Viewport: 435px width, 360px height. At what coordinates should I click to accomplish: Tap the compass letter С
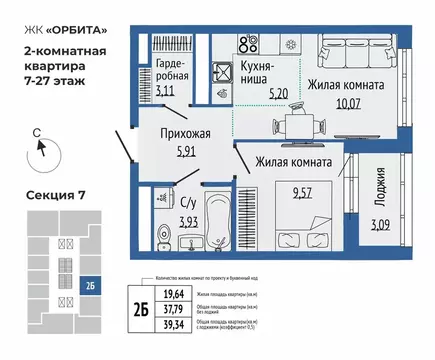[35, 130]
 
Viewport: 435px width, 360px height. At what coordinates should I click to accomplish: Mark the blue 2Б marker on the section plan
[90, 286]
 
